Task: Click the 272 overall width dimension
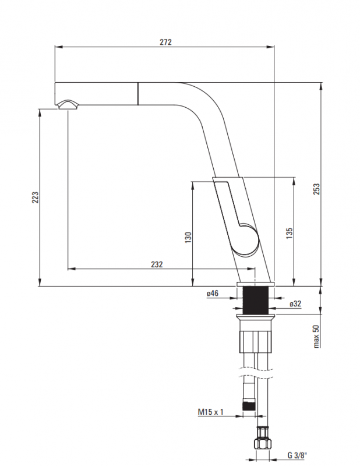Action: point(166,43)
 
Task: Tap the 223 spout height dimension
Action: point(34,197)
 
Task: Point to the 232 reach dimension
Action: point(157,264)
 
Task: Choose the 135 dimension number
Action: point(289,233)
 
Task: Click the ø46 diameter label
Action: point(212,294)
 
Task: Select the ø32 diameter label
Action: point(295,303)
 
